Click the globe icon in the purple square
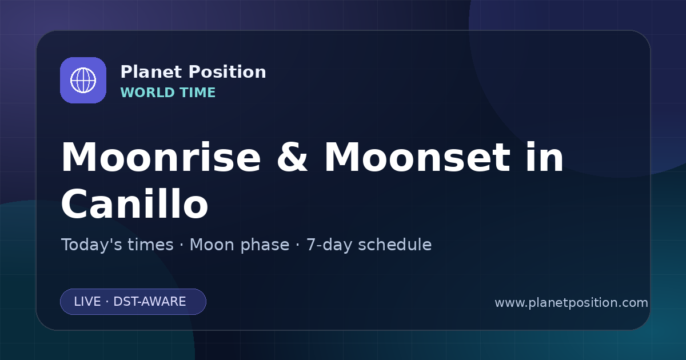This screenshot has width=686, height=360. (x=83, y=80)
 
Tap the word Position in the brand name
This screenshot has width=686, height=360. (x=228, y=72)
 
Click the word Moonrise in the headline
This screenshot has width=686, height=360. (x=161, y=157)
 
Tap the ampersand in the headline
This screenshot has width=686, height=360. (x=292, y=157)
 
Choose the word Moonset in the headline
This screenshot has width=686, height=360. (x=417, y=157)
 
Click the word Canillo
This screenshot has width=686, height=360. (x=135, y=204)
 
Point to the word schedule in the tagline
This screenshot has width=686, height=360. (x=395, y=245)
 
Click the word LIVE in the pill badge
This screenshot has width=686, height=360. (x=87, y=302)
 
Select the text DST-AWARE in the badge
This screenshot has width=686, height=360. (x=150, y=302)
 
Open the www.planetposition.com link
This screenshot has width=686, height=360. (x=572, y=303)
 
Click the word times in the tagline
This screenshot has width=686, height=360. (x=151, y=245)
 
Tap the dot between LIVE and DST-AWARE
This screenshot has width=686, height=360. (x=107, y=302)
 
